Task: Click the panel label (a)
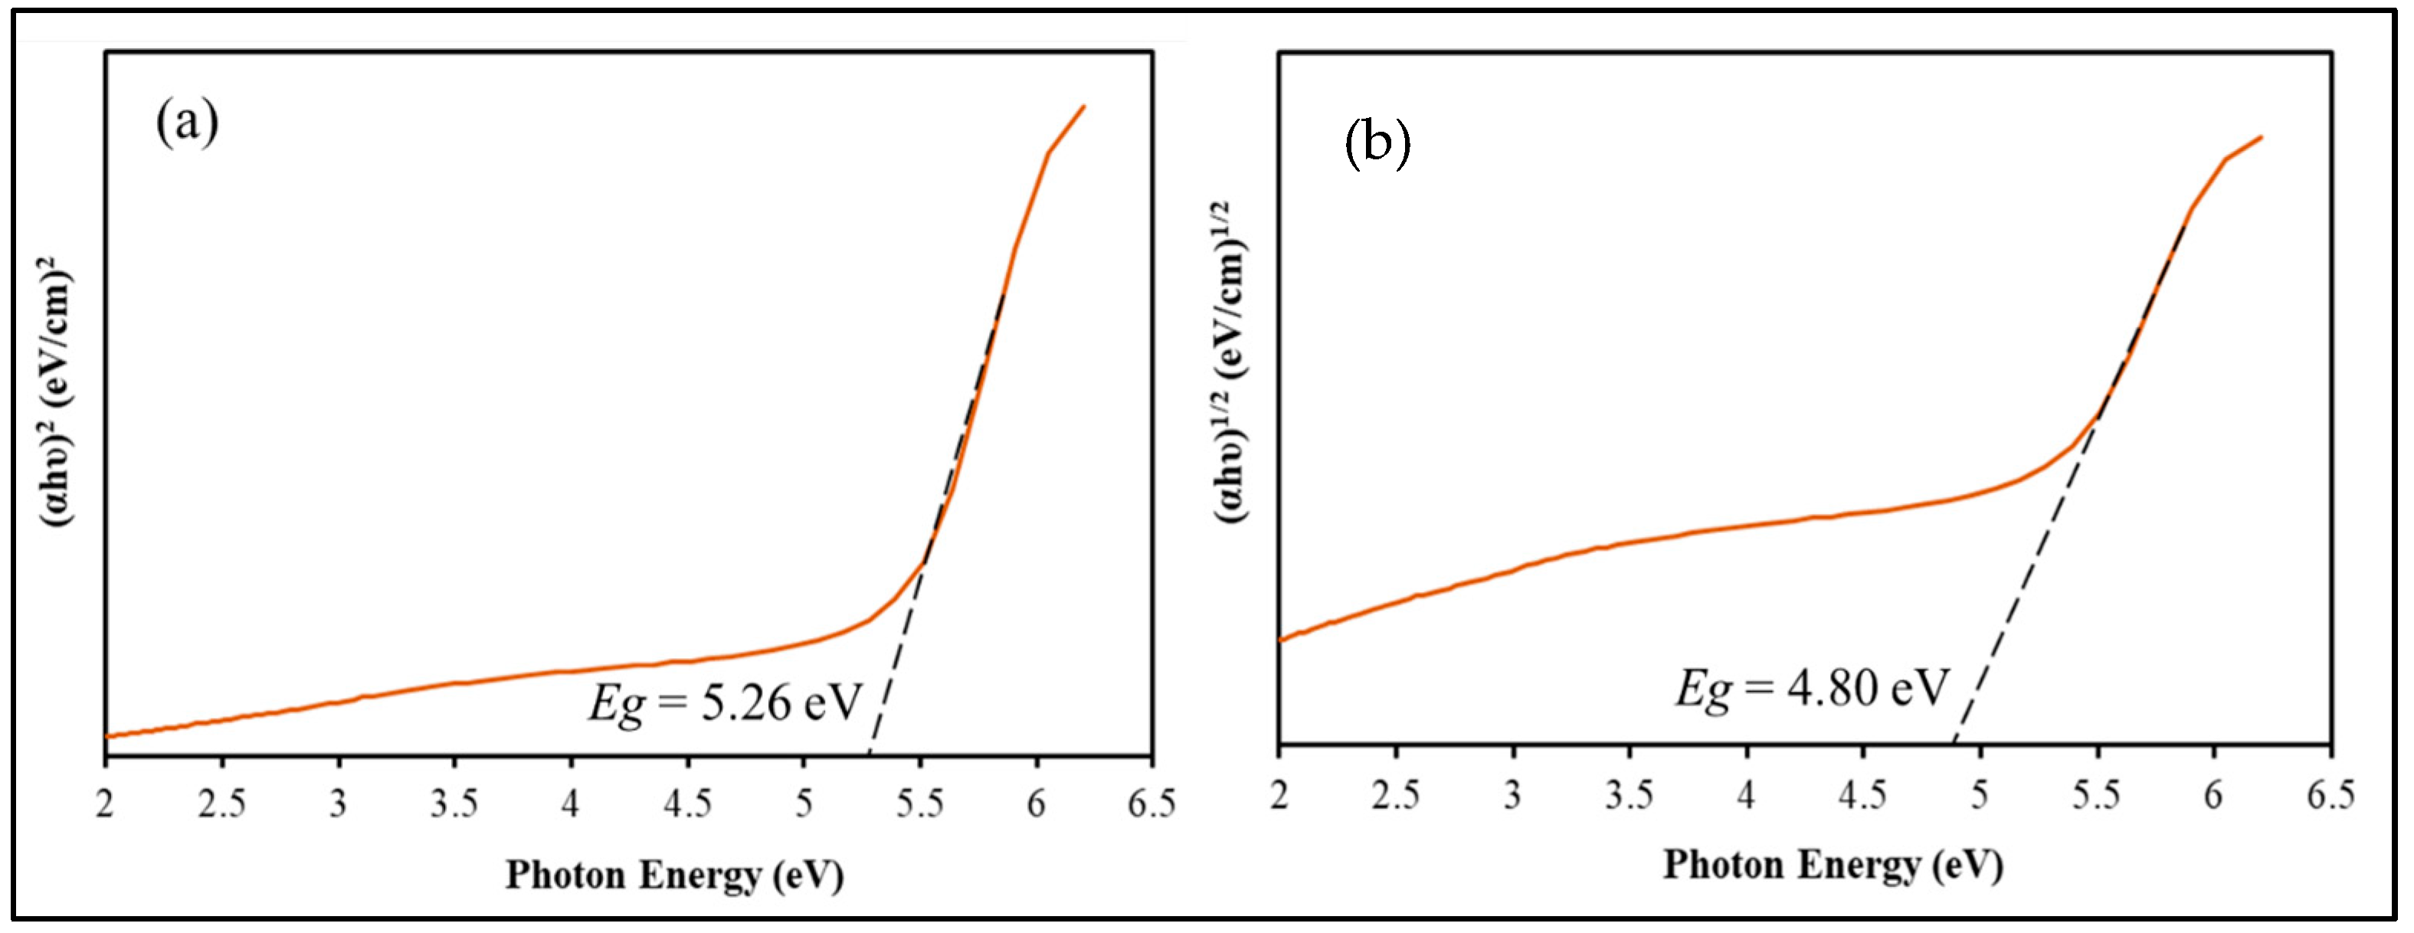188,123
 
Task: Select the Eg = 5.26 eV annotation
723,702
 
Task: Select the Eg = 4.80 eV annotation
1811,689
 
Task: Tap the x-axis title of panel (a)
675,875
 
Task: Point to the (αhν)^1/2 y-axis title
1233,361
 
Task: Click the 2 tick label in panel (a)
105,804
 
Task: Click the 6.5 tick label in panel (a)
1151,804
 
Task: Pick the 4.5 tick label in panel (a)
688,804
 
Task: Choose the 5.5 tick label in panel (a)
920,804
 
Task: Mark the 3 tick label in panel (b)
1512,795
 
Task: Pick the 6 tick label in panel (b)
2213,795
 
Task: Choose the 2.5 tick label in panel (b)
1395,795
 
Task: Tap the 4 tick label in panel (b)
1745,795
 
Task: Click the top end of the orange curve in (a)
1083,106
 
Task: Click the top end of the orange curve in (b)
2262,138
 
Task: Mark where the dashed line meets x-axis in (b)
1953,745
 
